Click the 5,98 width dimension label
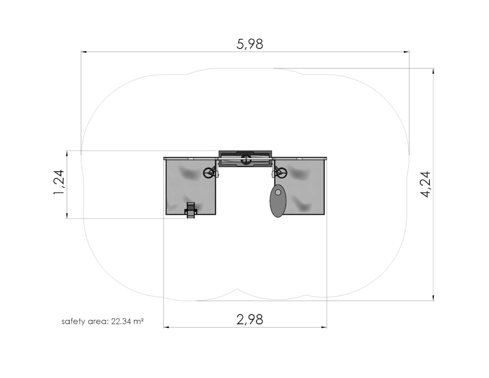pyautogui.click(x=250, y=44)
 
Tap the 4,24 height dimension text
pyautogui.click(x=425, y=184)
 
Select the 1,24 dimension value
pyautogui.click(x=59, y=182)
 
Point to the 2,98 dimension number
pyautogui.click(x=250, y=320)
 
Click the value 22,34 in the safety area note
pyautogui.click(x=121, y=321)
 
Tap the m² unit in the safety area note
pyautogui.click(x=139, y=321)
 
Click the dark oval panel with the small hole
pyautogui.click(x=278, y=201)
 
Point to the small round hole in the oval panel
pyautogui.click(x=278, y=192)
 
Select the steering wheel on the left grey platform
pyautogui.click(x=208, y=172)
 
